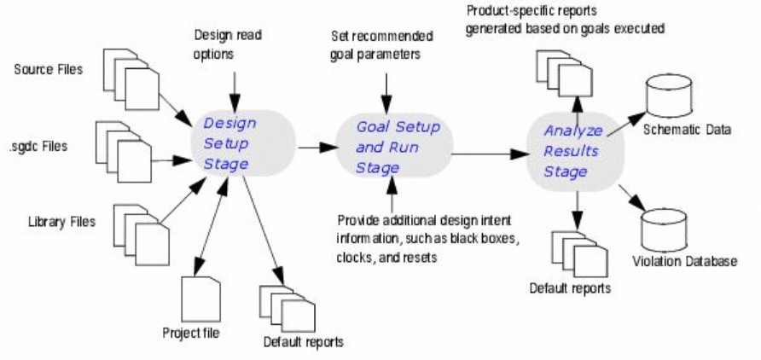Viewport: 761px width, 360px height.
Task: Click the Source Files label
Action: point(49,69)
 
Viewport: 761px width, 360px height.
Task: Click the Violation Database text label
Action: point(684,261)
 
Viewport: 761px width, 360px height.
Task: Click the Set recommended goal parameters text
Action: point(381,44)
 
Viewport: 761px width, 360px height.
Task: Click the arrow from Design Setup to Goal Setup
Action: point(315,148)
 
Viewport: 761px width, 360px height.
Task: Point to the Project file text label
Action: point(191,332)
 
